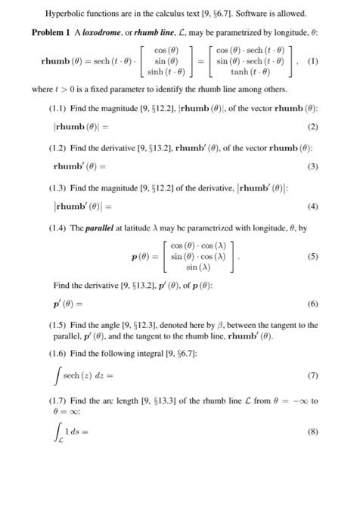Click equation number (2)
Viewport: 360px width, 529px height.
pyautogui.click(x=312, y=147)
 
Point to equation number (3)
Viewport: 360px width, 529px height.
pyautogui.click(x=312, y=186)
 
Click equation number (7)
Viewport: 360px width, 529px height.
pyautogui.click(x=312, y=395)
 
